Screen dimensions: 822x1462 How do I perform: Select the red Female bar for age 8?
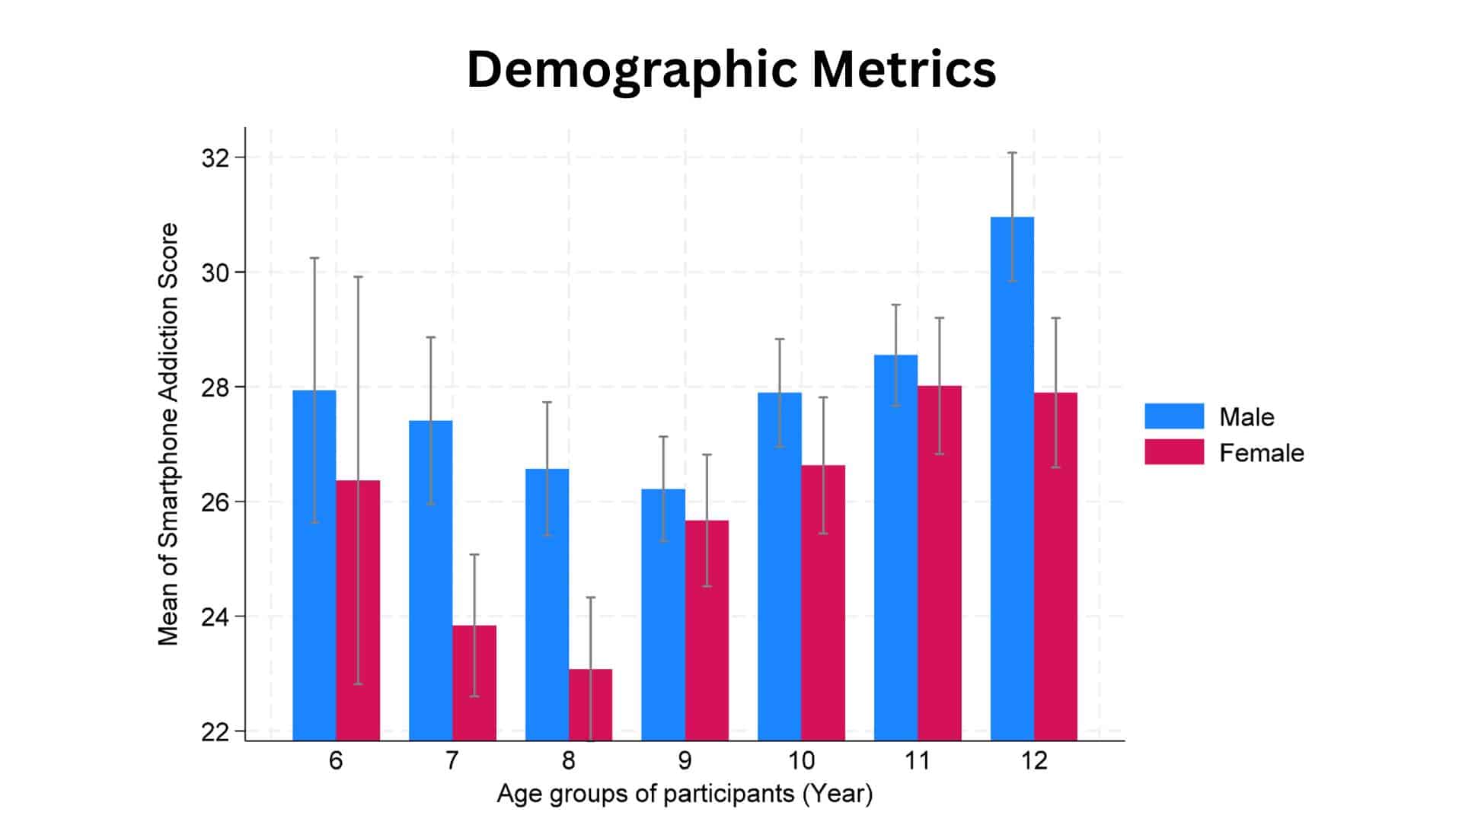pyautogui.click(x=590, y=704)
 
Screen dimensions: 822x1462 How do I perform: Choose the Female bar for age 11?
pyautogui.click(x=939, y=562)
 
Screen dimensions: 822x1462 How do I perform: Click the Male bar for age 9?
pyautogui.click(x=662, y=613)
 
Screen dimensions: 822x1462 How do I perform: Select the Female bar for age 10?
pyautogui.click(x=822, y=602)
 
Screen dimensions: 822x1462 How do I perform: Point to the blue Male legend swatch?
pyautogui.click(x=1173, y=416)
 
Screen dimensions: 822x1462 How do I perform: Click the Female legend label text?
pyautogui.click(x=1261, y=453)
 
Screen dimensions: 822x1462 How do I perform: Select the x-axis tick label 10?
pyautogui.click(x=801, y=760)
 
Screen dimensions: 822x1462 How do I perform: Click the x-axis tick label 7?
pyautogui.click(x=452, y=760)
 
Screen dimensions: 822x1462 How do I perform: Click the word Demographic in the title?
pyautogui.click(x=630, y=70)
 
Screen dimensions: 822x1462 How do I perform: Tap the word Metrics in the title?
pyautogui.click(x=903, y=70)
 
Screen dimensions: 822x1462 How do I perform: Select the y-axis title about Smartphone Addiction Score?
pyautogui.click(x=168, y=434)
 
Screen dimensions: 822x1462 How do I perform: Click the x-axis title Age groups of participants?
pyautogui.click(x=685, y=794)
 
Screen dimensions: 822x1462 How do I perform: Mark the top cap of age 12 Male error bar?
pyautogui.click(x=1012, y=153)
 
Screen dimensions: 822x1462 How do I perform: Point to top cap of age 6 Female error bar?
pyautogui.click(x=358, y=277)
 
